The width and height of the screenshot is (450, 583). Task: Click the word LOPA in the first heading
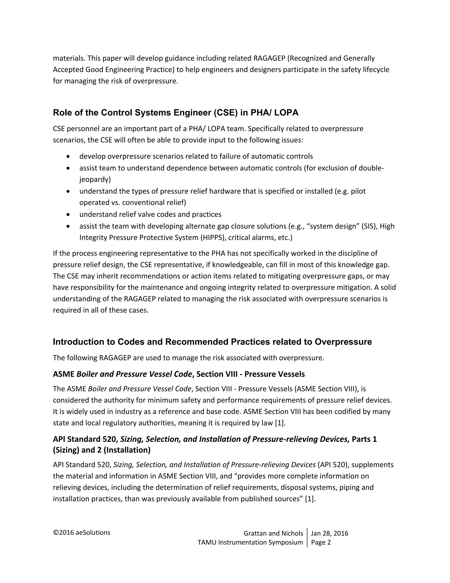click(x=286, y=113)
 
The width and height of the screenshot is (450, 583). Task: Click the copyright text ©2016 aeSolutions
click(x=82, y=533)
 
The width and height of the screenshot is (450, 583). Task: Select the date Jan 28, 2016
click(x=330, y=533)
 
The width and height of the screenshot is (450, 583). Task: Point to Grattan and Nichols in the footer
click(x=273, y=533)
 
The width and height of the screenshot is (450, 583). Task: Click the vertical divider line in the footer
click(x=307, y=538)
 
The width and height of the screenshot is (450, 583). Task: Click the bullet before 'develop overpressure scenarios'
click(x=69, y=156)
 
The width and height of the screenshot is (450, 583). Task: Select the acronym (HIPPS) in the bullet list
click(x=212, y=238)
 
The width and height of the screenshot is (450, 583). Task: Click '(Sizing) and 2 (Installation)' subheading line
click(x=102, y=450)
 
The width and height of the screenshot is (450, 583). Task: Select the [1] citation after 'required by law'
click(x=280, y=423)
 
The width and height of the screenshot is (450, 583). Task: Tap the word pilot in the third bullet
click(x=358, y=191)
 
